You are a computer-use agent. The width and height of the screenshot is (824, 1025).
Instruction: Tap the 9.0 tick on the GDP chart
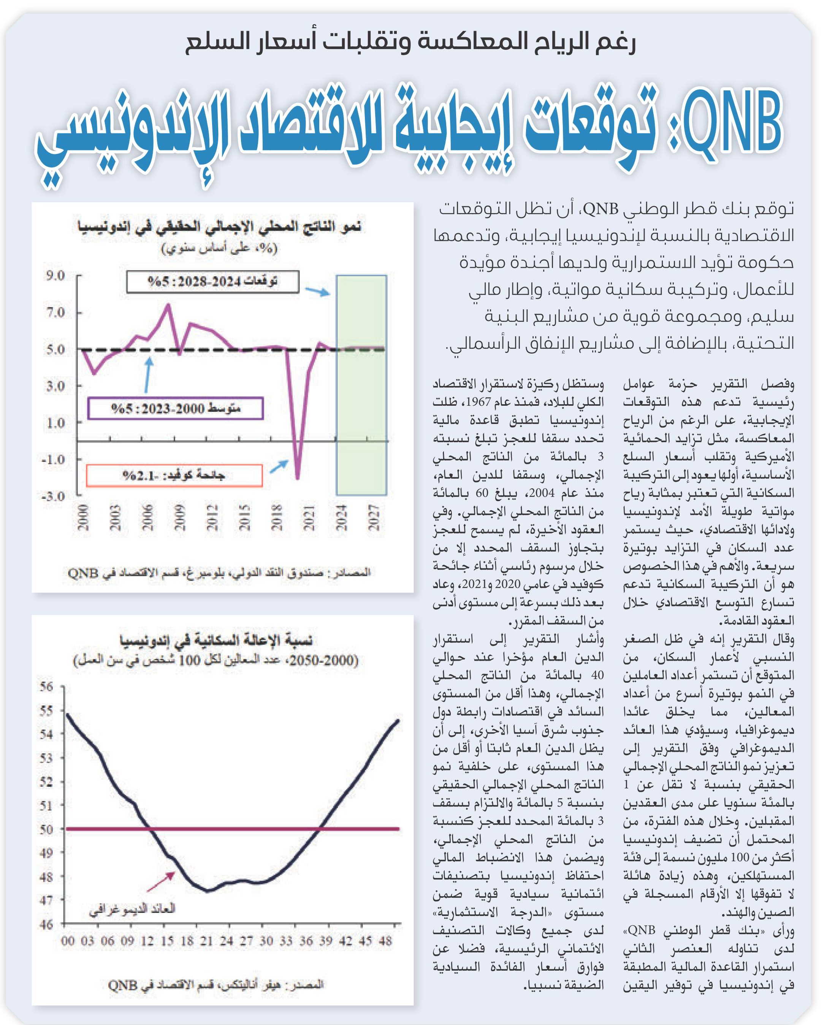pos(55,275)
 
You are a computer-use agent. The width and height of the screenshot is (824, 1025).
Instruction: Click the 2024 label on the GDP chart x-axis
pos(341,518)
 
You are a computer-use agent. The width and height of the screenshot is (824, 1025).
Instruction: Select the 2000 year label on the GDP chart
pos(83,518)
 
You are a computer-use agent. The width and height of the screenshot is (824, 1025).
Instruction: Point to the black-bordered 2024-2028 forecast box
pos(213,282)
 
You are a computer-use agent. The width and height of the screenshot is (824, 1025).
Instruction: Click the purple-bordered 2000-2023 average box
pos(176,408)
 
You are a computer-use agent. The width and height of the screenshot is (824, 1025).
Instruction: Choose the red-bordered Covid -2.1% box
pos(174,475)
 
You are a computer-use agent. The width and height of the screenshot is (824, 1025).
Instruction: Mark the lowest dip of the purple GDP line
pos(297,478)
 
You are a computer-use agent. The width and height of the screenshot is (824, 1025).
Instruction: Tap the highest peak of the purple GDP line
pos(168,305)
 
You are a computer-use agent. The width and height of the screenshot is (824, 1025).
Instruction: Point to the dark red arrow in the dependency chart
pos(161,882)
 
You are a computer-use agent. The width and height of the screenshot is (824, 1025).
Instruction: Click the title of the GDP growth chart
pos(219,227)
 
